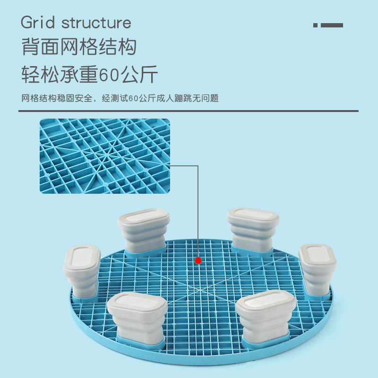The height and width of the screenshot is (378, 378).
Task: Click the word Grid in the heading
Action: coord(38,22)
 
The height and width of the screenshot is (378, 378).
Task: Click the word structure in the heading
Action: coord(96,22)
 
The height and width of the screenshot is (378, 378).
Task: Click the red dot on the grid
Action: coord(198,260)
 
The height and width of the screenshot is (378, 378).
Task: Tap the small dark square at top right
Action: coord(315,25)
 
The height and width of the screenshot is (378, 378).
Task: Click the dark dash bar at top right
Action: coord(332,25)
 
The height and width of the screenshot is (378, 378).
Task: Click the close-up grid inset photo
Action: coord(104,156)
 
